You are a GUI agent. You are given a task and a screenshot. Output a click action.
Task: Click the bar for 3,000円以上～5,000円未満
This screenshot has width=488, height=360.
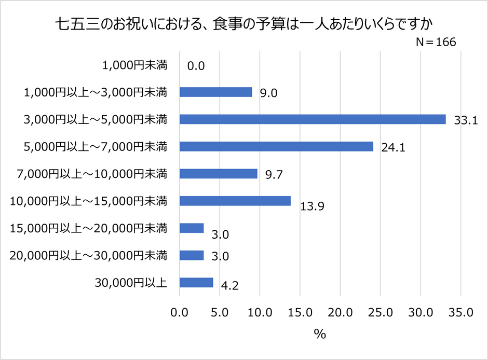click(313, 119)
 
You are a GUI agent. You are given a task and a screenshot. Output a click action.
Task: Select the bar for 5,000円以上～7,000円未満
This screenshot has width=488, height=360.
click(276, 146)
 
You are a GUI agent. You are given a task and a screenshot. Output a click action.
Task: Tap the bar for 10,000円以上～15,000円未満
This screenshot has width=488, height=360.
click(235, 201)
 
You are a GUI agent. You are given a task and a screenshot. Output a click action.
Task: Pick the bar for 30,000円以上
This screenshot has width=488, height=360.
click(196, 282)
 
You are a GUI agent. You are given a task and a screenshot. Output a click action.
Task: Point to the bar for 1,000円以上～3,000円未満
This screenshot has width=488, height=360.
click(215, 92)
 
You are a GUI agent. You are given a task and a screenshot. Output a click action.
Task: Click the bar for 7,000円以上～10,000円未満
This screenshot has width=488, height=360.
click(218, 174)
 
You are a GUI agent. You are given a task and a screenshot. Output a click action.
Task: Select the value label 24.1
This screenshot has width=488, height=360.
click(392, 148)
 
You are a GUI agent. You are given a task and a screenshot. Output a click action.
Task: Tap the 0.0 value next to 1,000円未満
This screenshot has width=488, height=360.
click(196, 66)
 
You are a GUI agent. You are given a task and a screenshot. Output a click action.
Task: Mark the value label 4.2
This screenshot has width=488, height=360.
click(229, 285)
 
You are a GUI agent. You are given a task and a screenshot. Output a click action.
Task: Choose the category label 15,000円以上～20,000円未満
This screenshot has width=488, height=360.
click(88, 228)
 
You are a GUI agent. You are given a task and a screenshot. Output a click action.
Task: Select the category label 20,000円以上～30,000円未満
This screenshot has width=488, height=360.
click(88, 255)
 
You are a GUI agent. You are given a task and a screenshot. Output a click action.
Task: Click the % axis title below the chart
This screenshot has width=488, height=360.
click(320, 335)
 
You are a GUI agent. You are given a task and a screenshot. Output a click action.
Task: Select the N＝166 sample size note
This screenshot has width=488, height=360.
click(436, 43)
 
